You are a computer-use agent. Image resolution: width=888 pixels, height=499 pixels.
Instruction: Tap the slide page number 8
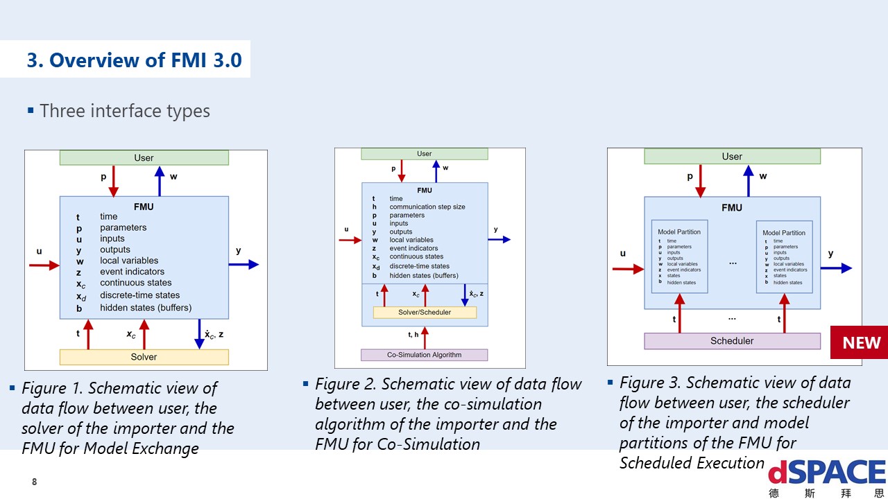(x=34, y=482)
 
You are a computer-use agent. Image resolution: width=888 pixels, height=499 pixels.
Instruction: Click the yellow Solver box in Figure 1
(x=144, y=357)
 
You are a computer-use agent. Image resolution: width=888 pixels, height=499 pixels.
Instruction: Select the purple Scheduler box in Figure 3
(x=732, y=341)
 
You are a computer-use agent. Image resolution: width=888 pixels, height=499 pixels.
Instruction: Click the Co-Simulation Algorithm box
(x=424, y=355)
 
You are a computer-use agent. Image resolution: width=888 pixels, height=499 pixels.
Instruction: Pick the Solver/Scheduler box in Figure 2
(x=425, y=313)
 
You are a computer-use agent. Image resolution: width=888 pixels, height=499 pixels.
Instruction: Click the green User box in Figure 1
(x=144, y=158)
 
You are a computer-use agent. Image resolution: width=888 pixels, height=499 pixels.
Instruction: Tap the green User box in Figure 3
(x=732, y=157)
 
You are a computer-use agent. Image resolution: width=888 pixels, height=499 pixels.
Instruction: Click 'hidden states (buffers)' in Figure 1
(x=146, y=308)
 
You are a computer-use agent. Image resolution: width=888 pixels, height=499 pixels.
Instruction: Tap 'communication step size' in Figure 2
(x=427, y=207)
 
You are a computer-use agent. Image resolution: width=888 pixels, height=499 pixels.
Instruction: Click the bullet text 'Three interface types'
(x=125, y=111)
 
